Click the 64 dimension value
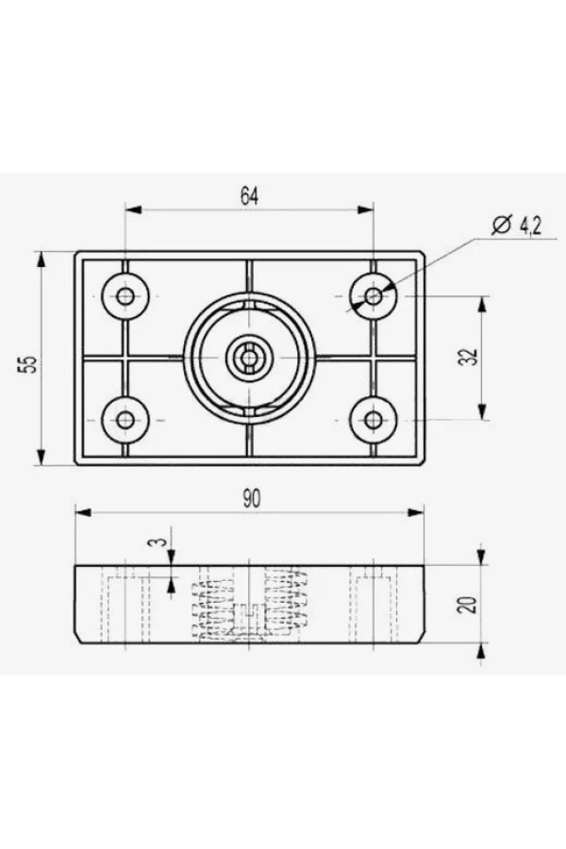[x=250, y=196]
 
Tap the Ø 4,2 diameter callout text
[x=516, y=225]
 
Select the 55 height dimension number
[x=27, y=363]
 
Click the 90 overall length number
[x=251, y=499]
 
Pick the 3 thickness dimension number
[x=157, y=542]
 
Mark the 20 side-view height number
[x=469, y=605]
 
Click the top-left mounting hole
[x=125, y=296]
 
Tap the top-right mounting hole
[x=373, y=296]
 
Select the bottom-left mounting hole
[x=125, y=420]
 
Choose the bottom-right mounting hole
[x=373, y=420]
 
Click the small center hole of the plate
[x=249, y=358]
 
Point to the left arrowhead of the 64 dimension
[x=133, y=209]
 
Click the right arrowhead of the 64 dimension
[x=366, y=209]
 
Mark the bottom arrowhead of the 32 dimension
[x=482, y=411]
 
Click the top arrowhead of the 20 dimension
[x=481, y=556]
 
